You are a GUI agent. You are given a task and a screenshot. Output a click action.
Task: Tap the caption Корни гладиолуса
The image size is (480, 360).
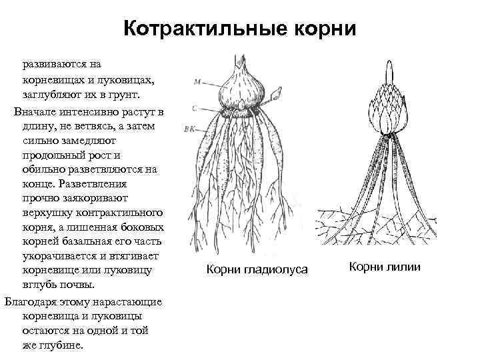pos(257,269)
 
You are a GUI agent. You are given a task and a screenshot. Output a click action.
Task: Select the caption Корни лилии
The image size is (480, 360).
pos(387,267)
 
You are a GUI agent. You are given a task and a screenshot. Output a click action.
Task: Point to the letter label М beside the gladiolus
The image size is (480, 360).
pos(197,83)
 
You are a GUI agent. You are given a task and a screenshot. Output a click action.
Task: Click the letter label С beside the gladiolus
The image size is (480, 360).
pos(193,107)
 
